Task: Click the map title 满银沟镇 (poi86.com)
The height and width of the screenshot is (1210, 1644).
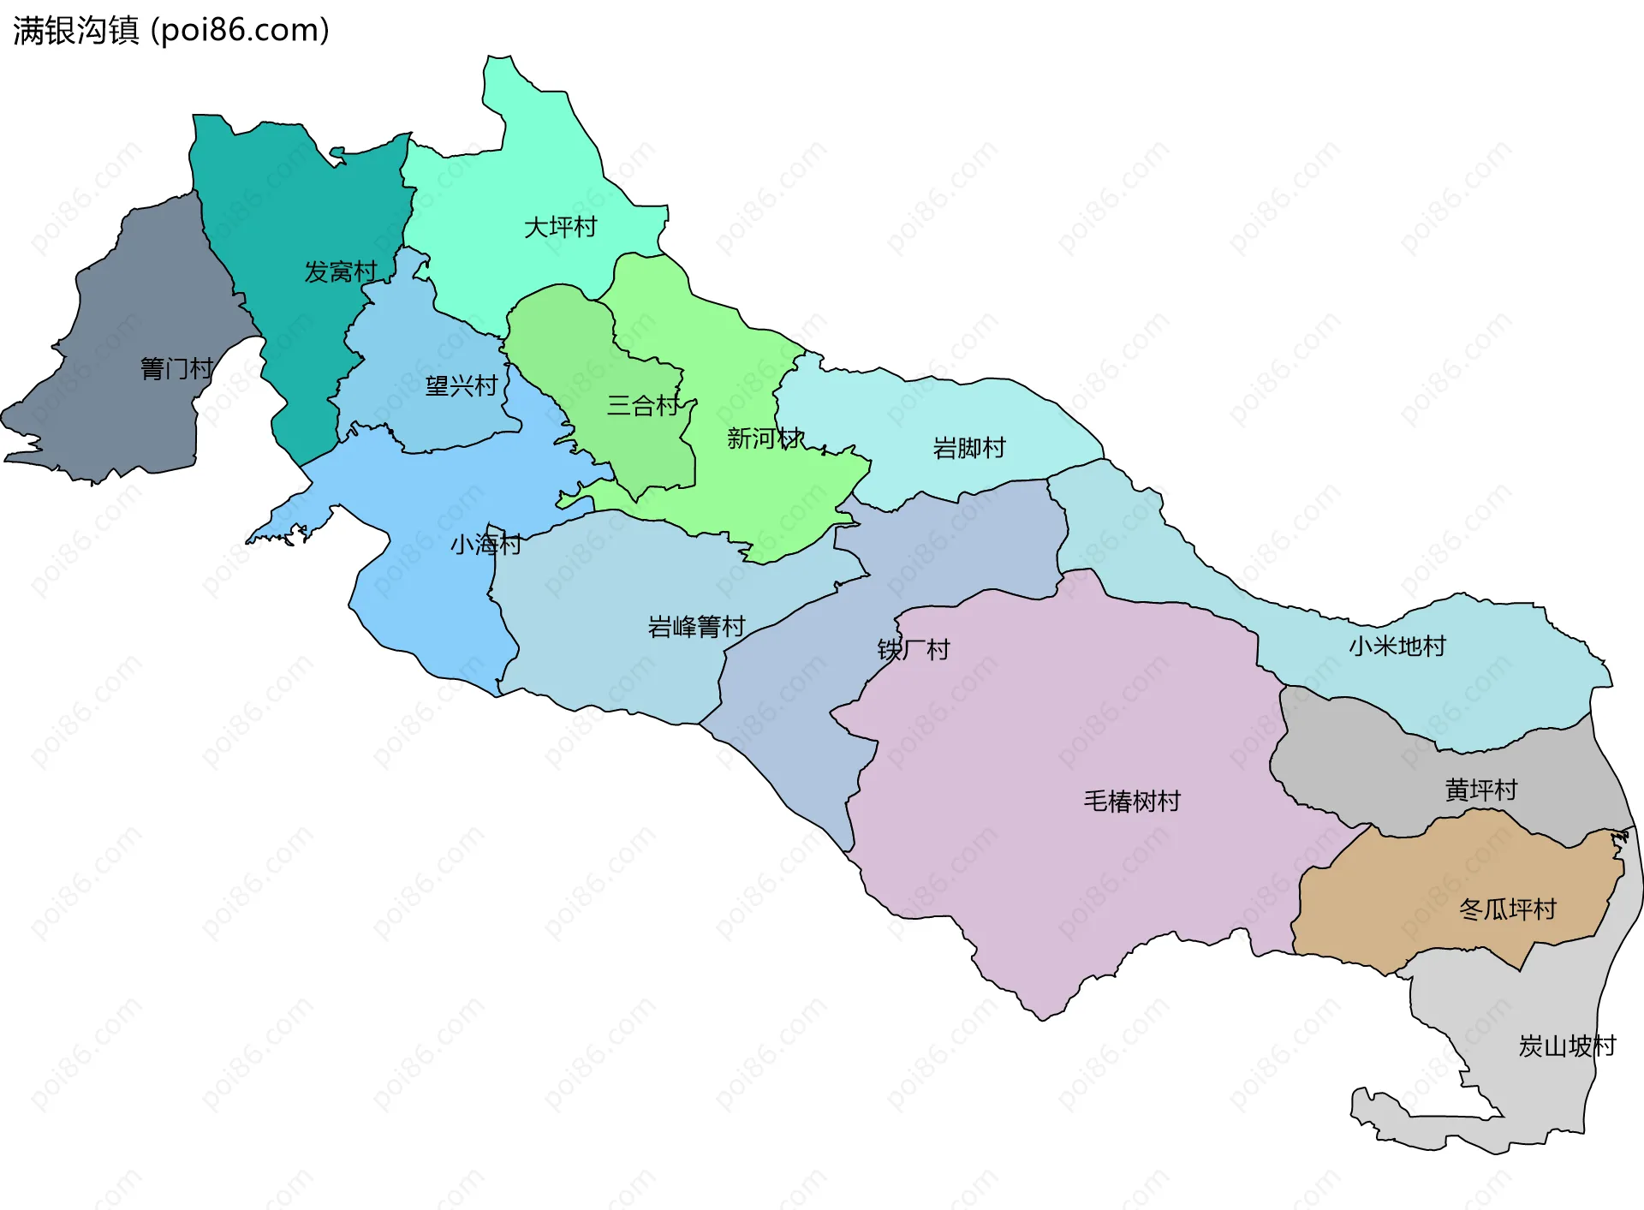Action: click(171, 31)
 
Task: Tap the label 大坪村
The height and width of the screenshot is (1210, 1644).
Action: click(560, 228)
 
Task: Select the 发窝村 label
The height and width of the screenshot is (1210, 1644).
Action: click(341, 272)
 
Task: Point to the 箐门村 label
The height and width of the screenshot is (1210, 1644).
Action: click(176, 369)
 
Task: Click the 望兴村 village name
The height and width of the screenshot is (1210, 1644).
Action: click(462, 386)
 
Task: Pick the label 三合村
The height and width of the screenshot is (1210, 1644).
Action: click(643, 406)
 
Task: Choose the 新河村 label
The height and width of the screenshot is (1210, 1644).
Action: click(765, 438)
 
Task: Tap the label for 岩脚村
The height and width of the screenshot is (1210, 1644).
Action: click(968, 448)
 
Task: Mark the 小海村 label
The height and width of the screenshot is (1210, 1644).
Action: click(485, 545)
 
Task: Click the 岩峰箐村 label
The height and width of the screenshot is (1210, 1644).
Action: click(696, 627)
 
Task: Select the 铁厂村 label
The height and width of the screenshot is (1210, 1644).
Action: click(914, 650)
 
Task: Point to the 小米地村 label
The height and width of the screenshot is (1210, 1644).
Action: click(1397, 646)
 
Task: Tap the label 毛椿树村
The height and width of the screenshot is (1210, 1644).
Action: click(1132, 802)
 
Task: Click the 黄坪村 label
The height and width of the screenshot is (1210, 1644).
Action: click(1480, 790)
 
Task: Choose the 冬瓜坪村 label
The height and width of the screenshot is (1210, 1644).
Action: click(1507, 909)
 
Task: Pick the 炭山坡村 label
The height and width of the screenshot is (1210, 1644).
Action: click(1566, 1046)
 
